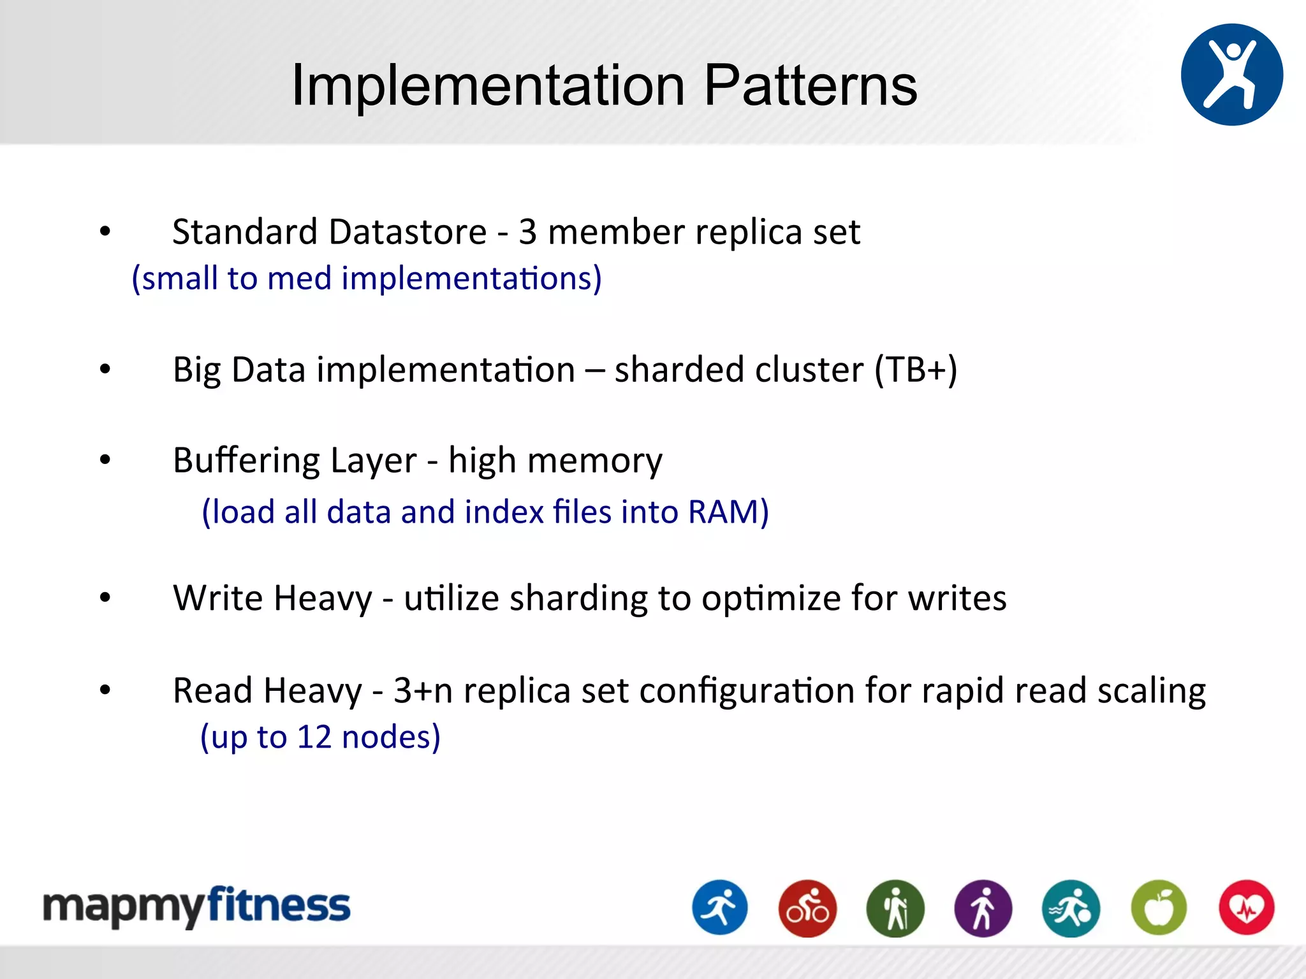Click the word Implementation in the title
[488, 86]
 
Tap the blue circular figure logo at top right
[1231, 75]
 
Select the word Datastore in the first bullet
[408, 231]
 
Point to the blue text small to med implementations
[367, 279]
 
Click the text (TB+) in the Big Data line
[916, 370]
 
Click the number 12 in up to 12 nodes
[314, 737]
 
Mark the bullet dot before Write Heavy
[105, 598]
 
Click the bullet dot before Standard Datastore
[105, 231]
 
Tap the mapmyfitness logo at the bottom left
[196, 906]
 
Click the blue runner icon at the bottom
[720, 908]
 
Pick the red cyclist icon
[807, 908]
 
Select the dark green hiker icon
[895, 908]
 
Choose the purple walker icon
[983, 908]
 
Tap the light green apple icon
[1159, 908]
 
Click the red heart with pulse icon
[1246, 908]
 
